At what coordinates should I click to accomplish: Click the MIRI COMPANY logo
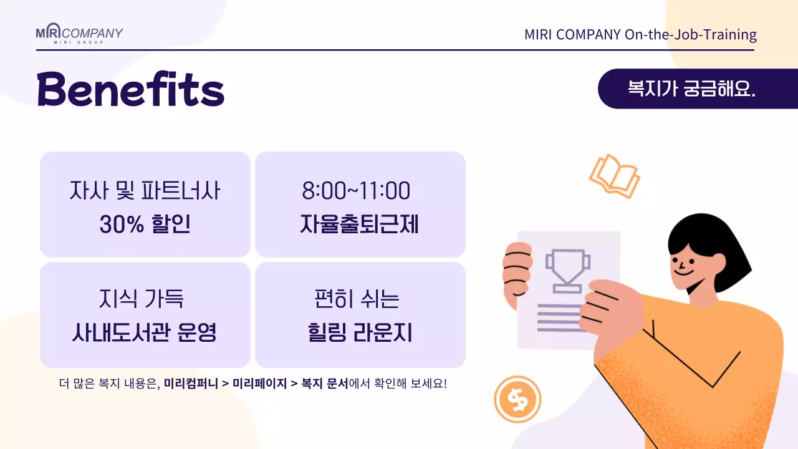click(x=79, y=34)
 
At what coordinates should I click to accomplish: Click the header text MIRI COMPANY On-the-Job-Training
click(x=640, y=34)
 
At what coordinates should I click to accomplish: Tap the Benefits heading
click(x=130, y=89)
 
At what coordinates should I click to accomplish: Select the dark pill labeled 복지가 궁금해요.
click(x=691, y=89)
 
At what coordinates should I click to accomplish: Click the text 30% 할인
click(x=145, y=224)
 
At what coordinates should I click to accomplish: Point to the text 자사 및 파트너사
click(x=145, y=191)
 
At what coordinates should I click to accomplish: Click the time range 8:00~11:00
click(x=356, y=191)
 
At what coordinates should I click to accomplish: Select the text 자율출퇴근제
click(x=359, y=224)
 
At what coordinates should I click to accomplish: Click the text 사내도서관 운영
click(x=145, y=332)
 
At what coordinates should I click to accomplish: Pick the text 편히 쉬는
click(x=357, y=299)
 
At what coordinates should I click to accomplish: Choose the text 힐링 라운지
click(x=360, y=332)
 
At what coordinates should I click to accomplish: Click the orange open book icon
click(x=615, y=176)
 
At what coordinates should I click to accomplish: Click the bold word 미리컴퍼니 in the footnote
click(x=190, y=384)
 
